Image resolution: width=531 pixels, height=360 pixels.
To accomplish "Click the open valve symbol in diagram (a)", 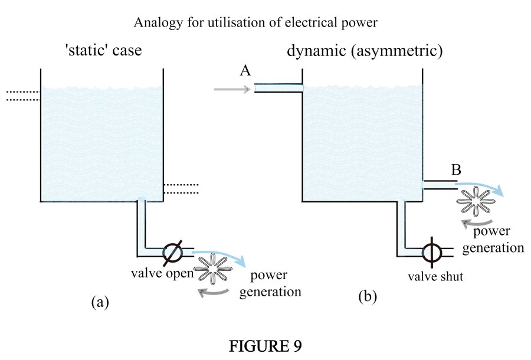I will [172, 252].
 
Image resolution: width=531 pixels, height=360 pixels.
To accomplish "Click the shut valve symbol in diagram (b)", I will [431, 251].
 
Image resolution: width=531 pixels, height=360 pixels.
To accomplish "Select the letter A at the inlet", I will [245, 71].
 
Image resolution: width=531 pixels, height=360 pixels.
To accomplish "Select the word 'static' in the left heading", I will [88, 51].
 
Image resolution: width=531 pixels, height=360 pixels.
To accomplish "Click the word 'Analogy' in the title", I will [155, 23].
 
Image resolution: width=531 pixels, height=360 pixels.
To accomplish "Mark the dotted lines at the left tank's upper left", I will [22, 96].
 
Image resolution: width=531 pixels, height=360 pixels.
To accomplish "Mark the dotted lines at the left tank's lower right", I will [181, 188].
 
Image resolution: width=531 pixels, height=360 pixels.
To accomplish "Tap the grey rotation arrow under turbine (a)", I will [214, 291].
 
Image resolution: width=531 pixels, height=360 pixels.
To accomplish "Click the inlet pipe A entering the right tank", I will [278, 89].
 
